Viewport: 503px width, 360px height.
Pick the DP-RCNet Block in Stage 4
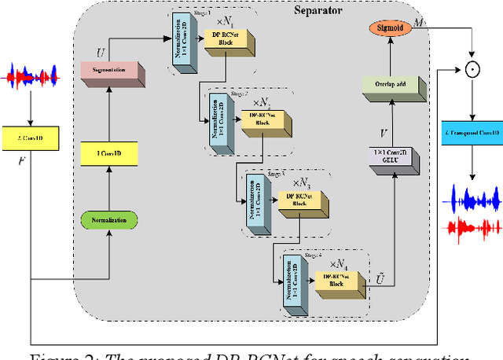(335, 278)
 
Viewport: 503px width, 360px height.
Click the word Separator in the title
(324, 10)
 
